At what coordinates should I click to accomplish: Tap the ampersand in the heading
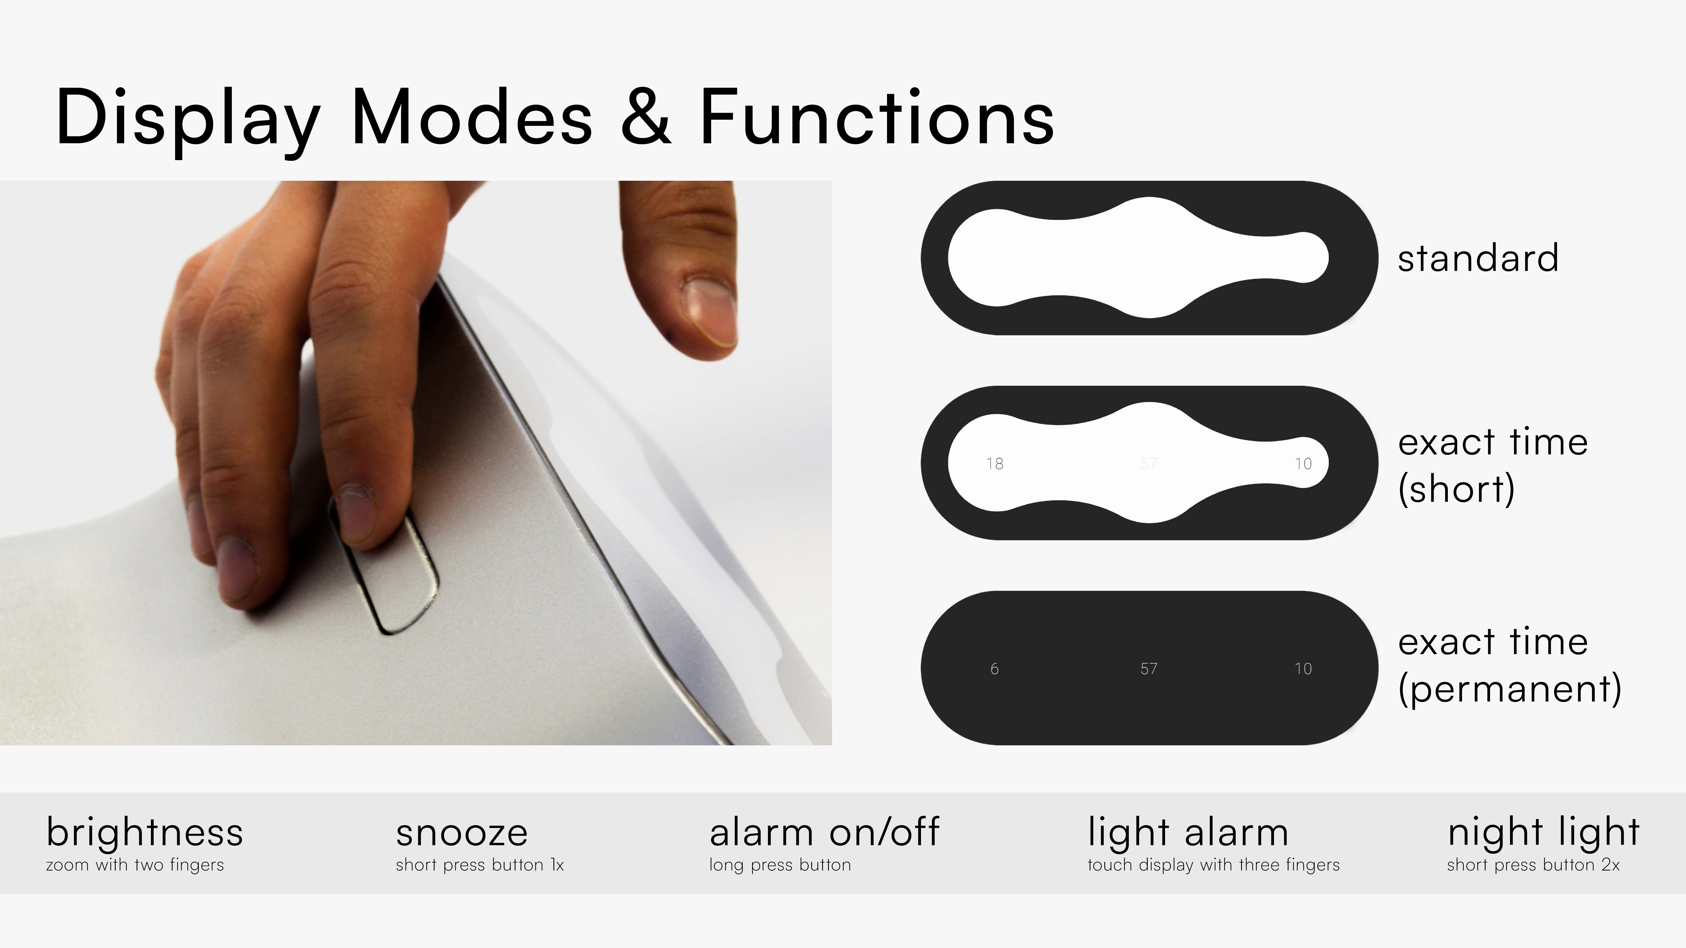click(646, 116)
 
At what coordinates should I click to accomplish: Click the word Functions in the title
click(877, 116)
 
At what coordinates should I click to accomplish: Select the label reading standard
click(1478, 258)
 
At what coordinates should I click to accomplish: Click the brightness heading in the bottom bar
click(145, 833)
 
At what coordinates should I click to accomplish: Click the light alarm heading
click(1188, 833)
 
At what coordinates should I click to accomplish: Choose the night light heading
click(1543, 833)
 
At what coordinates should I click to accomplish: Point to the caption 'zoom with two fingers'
click(135, 865)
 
